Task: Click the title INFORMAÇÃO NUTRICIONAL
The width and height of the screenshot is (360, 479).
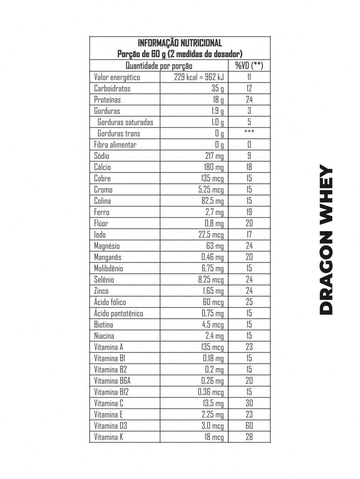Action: coord(180,43)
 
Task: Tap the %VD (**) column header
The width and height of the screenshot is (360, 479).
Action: coord(249,66)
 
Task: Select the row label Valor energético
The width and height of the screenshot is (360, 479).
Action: coord(117,77)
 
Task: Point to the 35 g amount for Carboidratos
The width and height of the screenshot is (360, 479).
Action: coord(218,88)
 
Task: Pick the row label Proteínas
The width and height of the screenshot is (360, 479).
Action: coord(107,100)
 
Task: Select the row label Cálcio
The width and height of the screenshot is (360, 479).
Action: coord(102,167)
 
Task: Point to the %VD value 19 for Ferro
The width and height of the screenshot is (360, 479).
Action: coord(249,212)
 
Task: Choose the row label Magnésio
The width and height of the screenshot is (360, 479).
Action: coord(107,246)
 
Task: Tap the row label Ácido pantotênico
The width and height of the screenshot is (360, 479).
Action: coord(118,313)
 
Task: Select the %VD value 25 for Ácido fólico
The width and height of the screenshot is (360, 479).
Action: coord(249,302)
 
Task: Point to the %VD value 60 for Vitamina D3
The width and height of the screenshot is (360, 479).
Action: coord(249,425)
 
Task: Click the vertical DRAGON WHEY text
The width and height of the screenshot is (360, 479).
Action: coord(326,240)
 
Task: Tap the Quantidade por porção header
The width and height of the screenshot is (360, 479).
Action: coord(159,66)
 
